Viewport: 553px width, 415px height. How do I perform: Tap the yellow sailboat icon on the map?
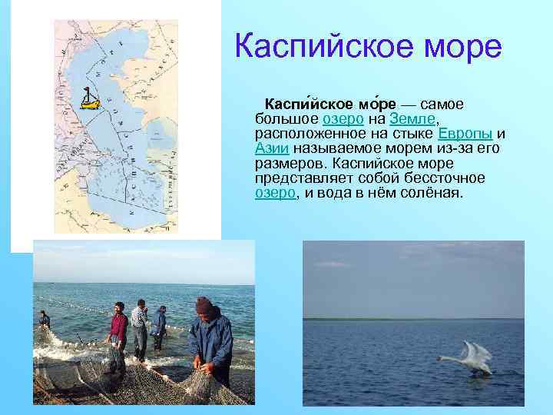pos(90,99)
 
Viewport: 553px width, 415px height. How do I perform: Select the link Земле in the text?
pos(412,119)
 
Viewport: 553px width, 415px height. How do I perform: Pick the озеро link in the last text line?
pos(275,193)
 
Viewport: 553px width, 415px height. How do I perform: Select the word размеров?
pos(290,164)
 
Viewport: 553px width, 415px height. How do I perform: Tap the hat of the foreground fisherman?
pos(204,304)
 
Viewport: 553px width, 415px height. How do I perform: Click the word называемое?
pos(339,148)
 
